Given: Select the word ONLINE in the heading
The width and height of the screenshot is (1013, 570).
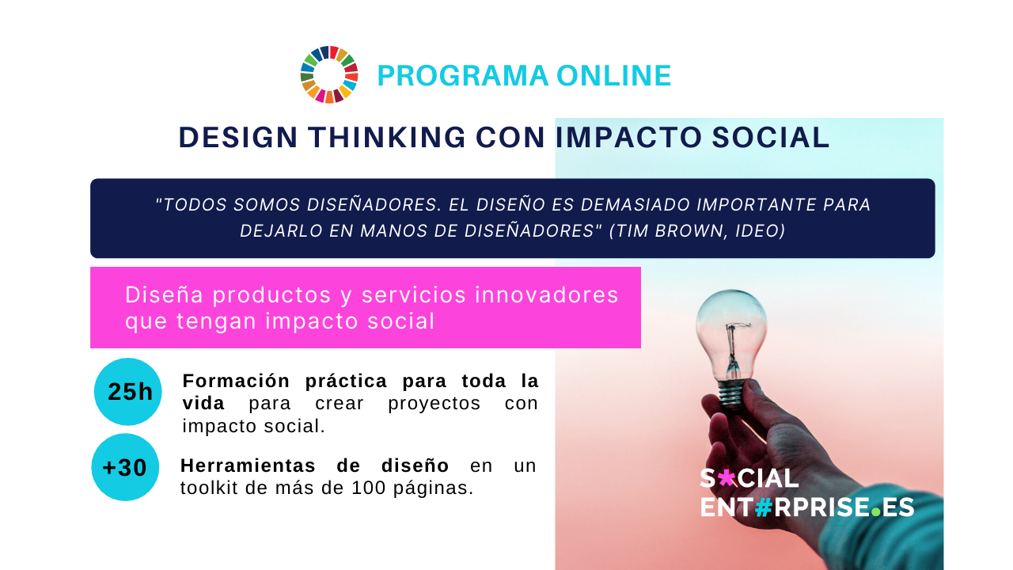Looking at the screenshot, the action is (x=613, y=75).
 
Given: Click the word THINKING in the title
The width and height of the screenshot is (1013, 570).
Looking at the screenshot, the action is (x=387, y=137).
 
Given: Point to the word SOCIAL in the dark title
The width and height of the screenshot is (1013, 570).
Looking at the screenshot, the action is (x=771, y=137).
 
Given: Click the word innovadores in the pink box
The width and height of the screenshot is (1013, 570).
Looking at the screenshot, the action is (x=546, y=295).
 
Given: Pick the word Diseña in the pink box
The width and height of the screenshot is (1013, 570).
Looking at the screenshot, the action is (x=164, y=295).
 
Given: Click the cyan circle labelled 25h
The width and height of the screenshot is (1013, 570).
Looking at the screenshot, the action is (x=128, y=392).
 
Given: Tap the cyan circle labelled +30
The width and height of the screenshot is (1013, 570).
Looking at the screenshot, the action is (x=125, y=467).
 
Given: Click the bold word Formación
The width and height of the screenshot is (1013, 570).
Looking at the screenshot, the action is (x=236, y=382).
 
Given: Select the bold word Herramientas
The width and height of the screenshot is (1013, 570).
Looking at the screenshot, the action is (x=248, y=465).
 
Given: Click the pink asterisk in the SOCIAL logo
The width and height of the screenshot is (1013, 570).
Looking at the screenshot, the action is (x=727, y=477).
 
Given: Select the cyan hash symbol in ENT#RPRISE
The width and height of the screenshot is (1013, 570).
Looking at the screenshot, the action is (x=764, y=507).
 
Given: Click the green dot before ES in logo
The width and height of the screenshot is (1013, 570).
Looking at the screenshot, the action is (x=876, y=512).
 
